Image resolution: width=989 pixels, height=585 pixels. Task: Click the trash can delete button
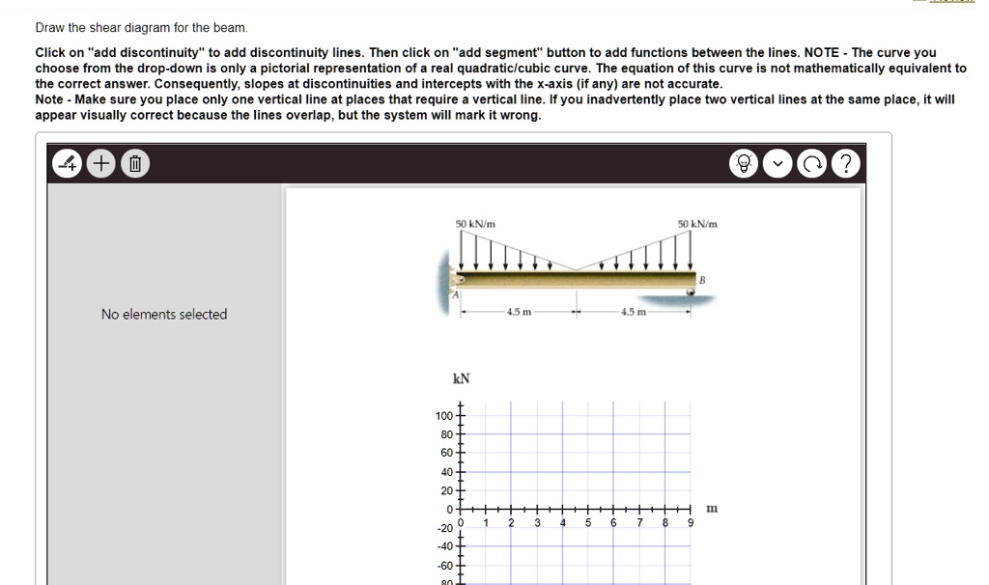(135, 164)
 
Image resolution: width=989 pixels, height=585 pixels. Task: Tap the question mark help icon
(845, 164)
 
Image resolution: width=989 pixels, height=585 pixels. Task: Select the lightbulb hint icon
(746, 164)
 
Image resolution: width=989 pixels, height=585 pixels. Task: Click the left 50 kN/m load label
(475, 224)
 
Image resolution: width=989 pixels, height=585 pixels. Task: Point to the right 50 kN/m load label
(697, 224)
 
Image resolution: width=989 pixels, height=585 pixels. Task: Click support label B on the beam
(702, 279)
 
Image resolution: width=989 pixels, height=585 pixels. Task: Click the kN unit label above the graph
(462, 378)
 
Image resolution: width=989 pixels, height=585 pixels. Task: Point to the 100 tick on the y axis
(443, 415)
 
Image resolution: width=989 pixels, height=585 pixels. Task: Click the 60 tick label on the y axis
(446, 453)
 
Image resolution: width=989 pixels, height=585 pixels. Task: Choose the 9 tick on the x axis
(690, 523)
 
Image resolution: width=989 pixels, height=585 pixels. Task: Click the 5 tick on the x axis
(587, 523)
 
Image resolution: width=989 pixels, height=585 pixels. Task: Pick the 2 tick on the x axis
(511, 523)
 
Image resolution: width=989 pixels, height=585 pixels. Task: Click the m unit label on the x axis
(712, 508)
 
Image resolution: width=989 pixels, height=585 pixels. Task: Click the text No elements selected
(164, 314)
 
